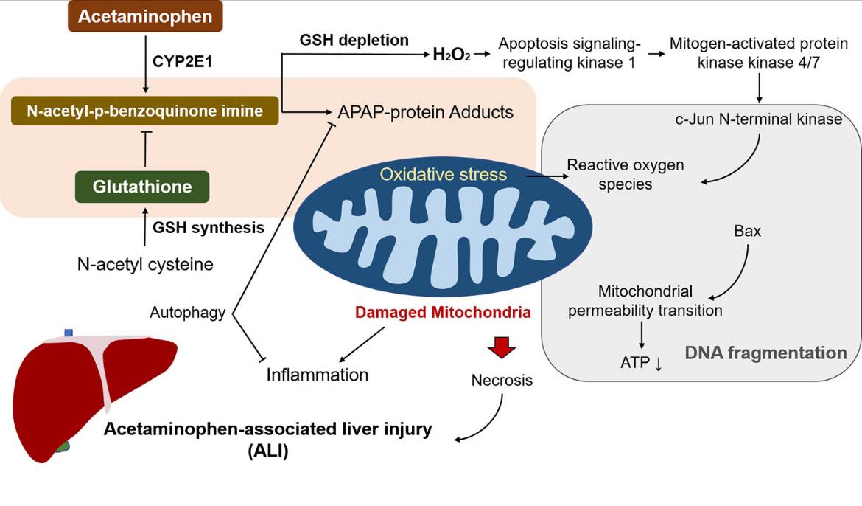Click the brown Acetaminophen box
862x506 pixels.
click(145, 16)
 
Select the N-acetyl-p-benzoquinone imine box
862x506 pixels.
click(144, 111)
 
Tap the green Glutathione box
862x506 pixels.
click(142, 187)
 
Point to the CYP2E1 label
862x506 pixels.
click(182, 62)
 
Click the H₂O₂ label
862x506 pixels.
click(452, 55)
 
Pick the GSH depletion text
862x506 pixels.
click(354, 40)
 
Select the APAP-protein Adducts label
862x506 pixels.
click(426, 112)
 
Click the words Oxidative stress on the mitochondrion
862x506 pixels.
click(443, 174)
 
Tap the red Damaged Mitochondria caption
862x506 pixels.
click(443, 312)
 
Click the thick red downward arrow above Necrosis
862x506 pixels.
click(502, 347)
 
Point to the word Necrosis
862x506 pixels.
click(502, 380)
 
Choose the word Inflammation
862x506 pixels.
click(318, 375)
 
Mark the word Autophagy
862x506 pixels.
click(187, 313)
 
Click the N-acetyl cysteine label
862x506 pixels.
click(145, 264)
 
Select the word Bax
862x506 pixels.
click(747, 231)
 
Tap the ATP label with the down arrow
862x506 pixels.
click(641, 363)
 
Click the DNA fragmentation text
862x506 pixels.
click(765, 353)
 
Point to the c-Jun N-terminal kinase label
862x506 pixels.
click(759, 119)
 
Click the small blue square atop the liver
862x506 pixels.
click(69, 333)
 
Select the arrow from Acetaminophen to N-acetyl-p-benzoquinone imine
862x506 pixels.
click(145, 64)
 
